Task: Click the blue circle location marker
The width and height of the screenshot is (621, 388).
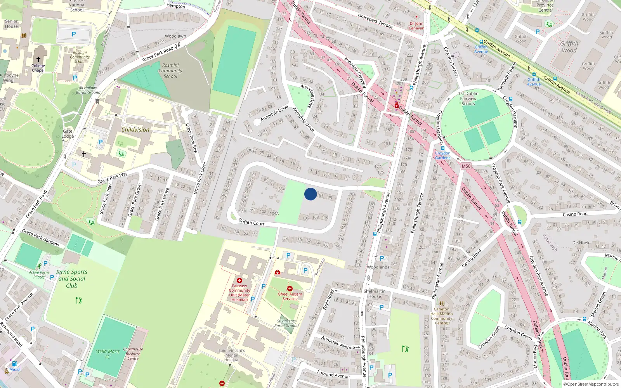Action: (x=310, y=194)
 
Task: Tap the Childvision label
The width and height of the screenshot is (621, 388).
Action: (x=135, y=130)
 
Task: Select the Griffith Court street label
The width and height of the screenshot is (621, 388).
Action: (x=251, y=222)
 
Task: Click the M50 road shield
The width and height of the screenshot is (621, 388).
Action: (x=466, y=166)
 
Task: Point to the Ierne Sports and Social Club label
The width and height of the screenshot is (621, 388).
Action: (x=72, y=279)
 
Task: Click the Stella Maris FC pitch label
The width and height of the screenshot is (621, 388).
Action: (x=108, y=354)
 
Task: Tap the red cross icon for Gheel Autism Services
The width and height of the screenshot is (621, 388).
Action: (x=290, y=289)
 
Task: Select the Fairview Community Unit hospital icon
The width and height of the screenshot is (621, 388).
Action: (x=239, y=281)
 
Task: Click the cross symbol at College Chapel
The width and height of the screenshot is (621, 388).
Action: (x=38, y=59)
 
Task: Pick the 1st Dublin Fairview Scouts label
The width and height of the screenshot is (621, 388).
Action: (x=468, y=99)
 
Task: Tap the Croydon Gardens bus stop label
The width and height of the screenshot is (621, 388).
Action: (x=442, y=155)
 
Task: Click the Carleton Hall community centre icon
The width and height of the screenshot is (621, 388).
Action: (x=441, y=304)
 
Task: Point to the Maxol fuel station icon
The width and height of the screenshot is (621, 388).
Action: (x=14, y=364)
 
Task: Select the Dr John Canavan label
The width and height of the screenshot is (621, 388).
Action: (x=416, y=26)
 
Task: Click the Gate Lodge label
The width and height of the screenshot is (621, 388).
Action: (x=68, y=133)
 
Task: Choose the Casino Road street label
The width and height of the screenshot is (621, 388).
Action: (x=575, y=214)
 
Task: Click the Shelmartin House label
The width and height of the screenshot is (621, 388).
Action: (x=375, y=294)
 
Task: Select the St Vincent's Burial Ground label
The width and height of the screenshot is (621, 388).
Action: (x=286, y=323)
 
